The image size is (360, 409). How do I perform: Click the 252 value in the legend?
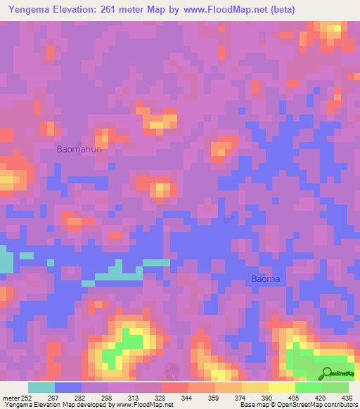(x=27, y=398)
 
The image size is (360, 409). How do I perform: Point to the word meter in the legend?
(x=11, y=398)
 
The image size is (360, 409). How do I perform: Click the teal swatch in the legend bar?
(x=41, y=387)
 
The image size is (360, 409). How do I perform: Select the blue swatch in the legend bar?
(x=68, y=387)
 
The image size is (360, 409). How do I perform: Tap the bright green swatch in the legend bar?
(x=308, y=387)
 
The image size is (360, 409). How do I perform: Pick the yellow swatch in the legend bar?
(x=255, y=387)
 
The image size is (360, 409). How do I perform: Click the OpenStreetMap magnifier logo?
(x=328, y=372)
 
